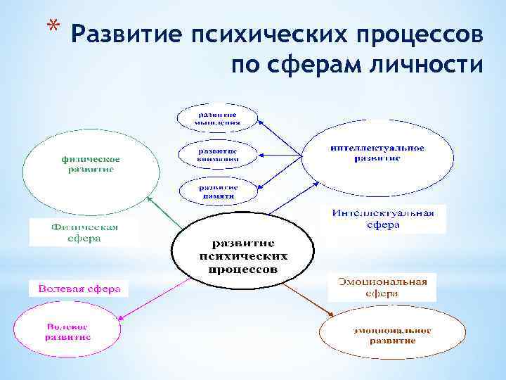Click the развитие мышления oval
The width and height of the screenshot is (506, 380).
pyautogui.click(x=217, y=118)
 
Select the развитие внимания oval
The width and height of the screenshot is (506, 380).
pyautogui.click(x=217, y=155)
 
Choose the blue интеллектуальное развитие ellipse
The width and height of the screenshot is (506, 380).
pyautogui.click(x=367, y=153)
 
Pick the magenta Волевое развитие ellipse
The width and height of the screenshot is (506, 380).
pyautogui.click(x=67, y=332)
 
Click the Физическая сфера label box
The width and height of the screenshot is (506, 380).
pyautogui.click(x=84, y=232)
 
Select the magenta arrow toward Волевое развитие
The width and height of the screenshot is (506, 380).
pyautogui.click(x=153, y=298)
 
